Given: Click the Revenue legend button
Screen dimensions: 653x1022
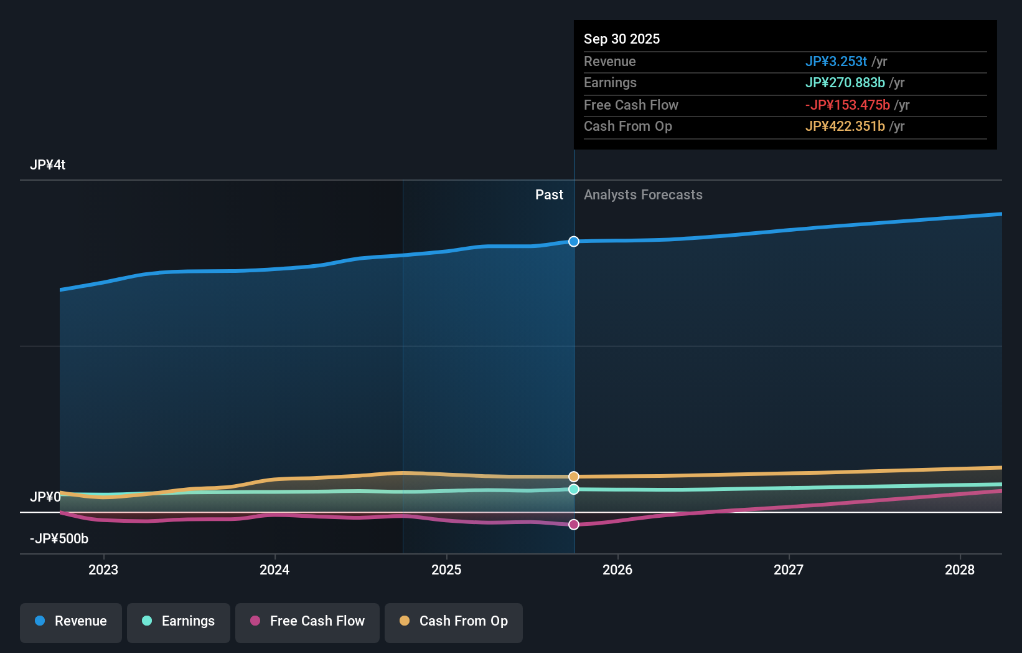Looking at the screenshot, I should coord(71,621).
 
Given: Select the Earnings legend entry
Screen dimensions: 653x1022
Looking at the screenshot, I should coord(179,621).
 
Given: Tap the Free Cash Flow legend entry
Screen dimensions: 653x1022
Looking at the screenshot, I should coord(307,621).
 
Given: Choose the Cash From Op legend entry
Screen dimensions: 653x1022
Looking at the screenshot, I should coord(454,621).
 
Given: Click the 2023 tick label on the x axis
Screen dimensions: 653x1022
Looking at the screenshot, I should coord(103,570).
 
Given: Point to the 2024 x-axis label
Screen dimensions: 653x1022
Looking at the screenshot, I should coord(274,570).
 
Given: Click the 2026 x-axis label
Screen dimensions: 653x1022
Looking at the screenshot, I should coord(617,570).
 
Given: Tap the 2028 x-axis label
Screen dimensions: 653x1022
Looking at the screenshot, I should coord(960,570).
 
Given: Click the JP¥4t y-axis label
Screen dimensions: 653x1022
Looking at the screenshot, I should coord(47,165).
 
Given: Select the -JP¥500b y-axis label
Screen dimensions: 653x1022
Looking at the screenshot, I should coord(59,538).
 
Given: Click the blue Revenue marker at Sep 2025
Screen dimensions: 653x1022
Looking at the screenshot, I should coord(574,241).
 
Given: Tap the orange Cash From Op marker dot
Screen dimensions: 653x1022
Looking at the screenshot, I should coord(574,477).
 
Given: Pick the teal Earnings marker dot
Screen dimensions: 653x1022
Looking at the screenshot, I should coord(574,489).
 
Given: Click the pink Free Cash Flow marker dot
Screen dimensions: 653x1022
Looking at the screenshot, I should coord(574,525).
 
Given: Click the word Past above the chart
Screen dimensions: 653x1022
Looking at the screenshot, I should coord(549,195).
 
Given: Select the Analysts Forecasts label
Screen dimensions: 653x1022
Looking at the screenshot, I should coord(643,195).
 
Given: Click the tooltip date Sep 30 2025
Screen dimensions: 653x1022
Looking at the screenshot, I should coord(622,39).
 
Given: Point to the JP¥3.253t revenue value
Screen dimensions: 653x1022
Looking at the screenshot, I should coord(836,61).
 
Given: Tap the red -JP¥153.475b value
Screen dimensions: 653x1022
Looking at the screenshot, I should coord(847,105).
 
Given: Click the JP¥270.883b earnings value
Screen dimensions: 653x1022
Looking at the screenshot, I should coord(845,83).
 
